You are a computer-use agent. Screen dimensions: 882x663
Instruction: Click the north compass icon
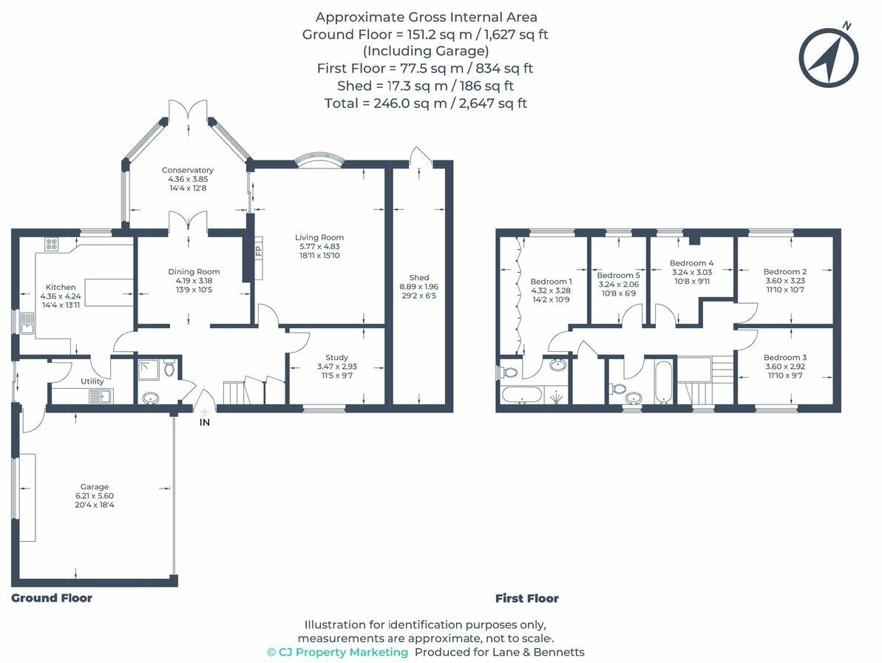[x=829, y=57]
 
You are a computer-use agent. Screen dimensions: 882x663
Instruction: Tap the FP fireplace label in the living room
[x=259, y=251]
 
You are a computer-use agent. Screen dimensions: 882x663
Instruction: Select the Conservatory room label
[x=187, y=170]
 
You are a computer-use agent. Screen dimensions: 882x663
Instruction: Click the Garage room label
[x=95, y=487]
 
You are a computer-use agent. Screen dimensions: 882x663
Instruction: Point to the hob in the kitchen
[x=51, y=244]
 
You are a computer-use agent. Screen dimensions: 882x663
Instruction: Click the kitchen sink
[x=27, y=323]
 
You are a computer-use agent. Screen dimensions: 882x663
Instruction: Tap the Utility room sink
[x=101, y=396]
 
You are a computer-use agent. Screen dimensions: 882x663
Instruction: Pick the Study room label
[x=337, y=357]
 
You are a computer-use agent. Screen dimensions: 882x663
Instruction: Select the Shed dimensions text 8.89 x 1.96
[x=419, y=286]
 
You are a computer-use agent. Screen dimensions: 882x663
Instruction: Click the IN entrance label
[x=205, y=422]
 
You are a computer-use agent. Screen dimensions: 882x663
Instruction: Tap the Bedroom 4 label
[x=692, y=262]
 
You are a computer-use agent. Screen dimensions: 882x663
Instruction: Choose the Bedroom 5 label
[x=619, y=275]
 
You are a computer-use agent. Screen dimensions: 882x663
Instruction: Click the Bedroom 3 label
[x=785, y=357]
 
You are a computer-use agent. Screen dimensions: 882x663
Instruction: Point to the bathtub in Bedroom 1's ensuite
[x=522, y=395]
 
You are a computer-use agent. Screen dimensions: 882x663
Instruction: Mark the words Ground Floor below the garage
[x=52, y=598]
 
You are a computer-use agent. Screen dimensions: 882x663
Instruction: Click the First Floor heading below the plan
[x=527, y=599]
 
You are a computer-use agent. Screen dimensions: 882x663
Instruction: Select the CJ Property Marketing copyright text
[x=338, y=653]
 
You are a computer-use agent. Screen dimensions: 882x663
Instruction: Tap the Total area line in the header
[x=426, y=103]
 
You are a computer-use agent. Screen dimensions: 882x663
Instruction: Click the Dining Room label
[x=194, y=271]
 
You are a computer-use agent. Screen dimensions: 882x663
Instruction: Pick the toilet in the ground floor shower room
[x=169, y=369]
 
